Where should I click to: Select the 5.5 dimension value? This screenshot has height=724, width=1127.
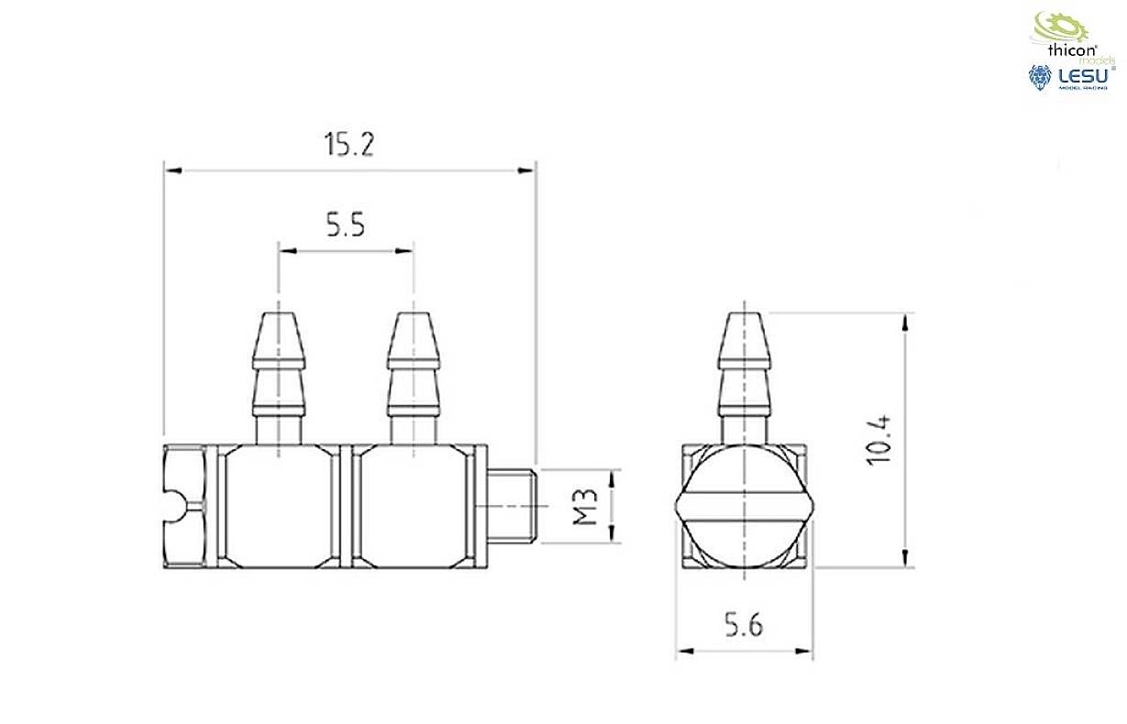pos(346,225)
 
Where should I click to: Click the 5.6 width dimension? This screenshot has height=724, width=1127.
pos(744,626)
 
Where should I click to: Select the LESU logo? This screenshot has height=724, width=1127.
pos(1069,77)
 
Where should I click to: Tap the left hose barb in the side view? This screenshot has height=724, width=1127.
pos(279,376)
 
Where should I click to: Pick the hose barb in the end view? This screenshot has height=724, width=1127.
pos(744,376)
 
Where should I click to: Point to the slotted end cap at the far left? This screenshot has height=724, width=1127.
pos(186,506)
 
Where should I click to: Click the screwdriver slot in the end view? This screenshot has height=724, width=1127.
pos(744,506)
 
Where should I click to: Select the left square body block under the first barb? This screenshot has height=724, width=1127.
pos(278,506)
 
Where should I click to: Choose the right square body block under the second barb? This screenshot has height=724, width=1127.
pos(410,506)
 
